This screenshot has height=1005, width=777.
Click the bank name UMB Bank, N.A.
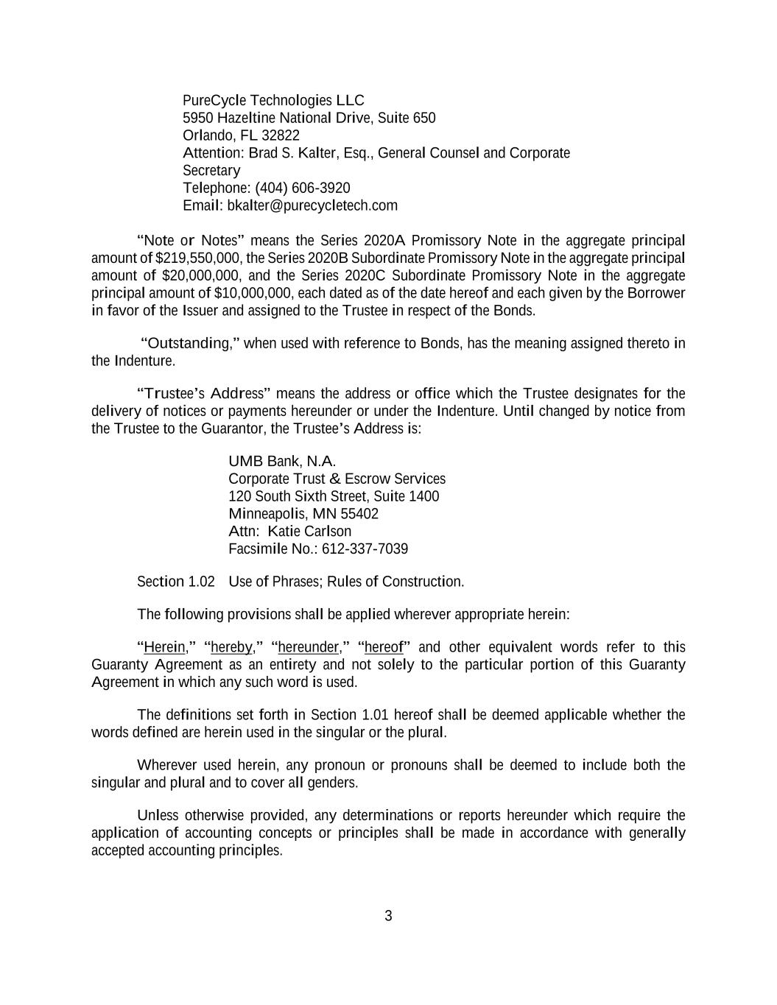click(x=282, y=462)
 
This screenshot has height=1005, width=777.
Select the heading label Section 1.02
click(x=176, y=582)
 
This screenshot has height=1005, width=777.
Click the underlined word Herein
click(x=164, y=647)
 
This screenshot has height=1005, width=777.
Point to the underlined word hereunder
click(x=308, y=647)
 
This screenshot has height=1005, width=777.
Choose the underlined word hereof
click(x=384, y=647)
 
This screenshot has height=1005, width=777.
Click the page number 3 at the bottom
click(x=388, y=917)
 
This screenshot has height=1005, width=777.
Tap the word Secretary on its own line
click(x=211, y=171)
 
